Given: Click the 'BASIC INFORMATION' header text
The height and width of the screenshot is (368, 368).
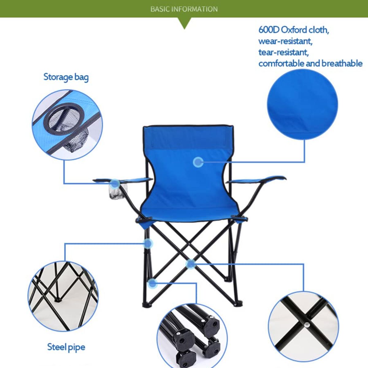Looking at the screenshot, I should [184, 9].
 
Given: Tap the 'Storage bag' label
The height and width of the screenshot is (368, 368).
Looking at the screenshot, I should [66, 77].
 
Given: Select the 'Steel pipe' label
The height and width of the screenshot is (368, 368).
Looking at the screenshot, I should [66, 347].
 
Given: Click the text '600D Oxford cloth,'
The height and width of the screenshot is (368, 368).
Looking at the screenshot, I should [293, 30].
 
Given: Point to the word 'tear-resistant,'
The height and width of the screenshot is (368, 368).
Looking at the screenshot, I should [283, 52].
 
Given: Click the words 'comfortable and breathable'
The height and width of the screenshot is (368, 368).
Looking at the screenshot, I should [310, 63].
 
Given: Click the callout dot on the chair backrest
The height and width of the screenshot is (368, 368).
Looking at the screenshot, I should [198, 162].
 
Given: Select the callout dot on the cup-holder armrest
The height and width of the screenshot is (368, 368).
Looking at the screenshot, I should [115, 184].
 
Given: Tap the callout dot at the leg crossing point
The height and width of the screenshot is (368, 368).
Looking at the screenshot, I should [190, 263].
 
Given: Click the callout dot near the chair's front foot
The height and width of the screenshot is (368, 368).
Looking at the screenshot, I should [152, 283].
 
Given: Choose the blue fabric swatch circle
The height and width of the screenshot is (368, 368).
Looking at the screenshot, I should [302, 104].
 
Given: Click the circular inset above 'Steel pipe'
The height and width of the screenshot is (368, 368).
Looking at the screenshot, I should [63, 296].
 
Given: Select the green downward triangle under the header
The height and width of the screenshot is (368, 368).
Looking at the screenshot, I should [184, 23].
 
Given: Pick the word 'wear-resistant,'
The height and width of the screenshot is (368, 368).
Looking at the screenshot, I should [285, 41].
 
